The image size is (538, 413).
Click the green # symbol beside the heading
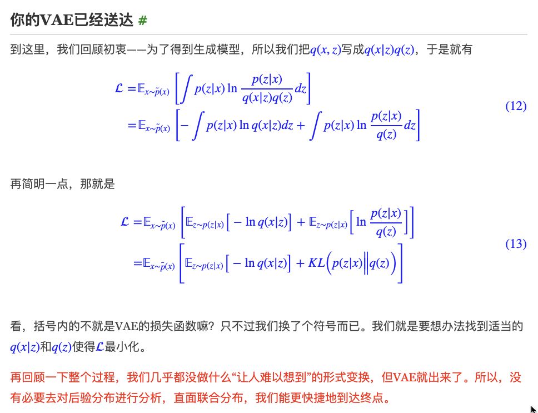(x=143, y=21)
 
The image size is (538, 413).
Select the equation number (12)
(x=515, y=106)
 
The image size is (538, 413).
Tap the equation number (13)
(x=515, y=243)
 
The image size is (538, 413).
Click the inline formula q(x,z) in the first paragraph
(x=325, y=50)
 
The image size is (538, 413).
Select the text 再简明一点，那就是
(x=62, y=184)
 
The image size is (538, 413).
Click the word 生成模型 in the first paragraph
(x=221, y=50)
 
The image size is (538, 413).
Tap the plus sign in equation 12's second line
(x=300, y=125)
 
